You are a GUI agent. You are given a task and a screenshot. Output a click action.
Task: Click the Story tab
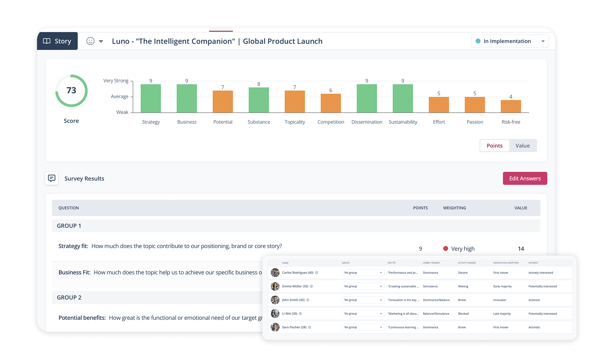pos(57,41)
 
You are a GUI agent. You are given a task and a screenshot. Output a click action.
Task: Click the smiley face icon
pos(90,41)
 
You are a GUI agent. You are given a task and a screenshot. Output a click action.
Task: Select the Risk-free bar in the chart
pos(511,106)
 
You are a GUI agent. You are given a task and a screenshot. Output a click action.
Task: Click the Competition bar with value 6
pos(331,103)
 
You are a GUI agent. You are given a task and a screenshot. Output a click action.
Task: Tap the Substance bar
pos(259,100)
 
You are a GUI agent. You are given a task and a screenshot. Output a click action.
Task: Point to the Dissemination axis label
pos(367,122)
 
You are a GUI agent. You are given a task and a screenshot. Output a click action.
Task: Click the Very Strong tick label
pos(116,81)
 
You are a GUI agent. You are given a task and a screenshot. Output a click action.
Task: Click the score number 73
pos(71,90)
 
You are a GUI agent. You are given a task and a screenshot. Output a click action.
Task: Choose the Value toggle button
pos(523,146)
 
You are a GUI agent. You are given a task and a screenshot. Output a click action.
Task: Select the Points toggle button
pos(495,146)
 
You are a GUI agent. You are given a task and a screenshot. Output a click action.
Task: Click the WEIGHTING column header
pos(454,208)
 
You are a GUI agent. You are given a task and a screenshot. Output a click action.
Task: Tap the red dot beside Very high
pos(446,248)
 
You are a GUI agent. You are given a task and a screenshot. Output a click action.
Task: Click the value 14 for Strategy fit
pos(521,249)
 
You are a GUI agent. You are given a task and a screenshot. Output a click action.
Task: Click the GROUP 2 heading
pos(69,297)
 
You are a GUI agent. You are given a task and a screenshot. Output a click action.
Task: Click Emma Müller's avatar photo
pos(275,286)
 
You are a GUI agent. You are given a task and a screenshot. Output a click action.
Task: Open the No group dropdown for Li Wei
pos(363,314)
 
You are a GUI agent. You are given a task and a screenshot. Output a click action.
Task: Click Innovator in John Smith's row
pos(500,300)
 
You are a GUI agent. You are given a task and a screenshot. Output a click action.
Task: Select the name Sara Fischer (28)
pos(294,327)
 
